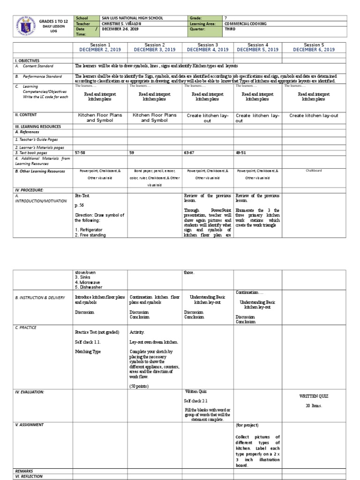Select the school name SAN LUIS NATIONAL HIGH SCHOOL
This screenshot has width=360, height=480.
point(132,18)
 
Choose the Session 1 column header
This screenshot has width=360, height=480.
point(99,45)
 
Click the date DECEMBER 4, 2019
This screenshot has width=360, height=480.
point(206,49)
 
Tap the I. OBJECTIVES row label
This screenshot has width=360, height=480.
point(27,60)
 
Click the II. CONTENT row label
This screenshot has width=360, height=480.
point(26,115)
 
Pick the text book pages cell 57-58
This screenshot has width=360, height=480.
point(81,153)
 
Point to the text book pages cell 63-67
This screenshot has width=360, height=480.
point(190,153)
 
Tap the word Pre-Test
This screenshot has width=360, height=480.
point(82,195)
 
